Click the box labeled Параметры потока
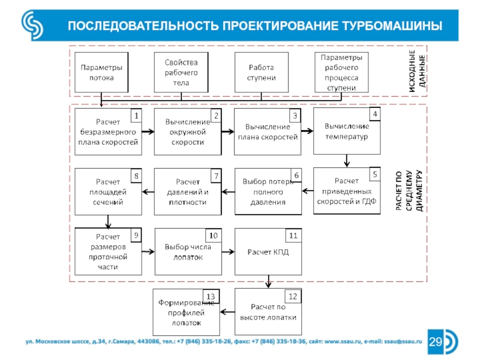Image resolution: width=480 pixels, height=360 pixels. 101,72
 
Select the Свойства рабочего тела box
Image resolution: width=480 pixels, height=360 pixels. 181,72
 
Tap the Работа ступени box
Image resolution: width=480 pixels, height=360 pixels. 261,72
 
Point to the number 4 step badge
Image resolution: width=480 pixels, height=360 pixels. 375,114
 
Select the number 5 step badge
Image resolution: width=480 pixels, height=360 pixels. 375,174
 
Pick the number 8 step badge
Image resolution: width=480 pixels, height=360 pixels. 136,176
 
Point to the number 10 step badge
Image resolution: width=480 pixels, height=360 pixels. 214,235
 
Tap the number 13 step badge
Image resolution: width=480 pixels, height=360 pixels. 211,296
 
